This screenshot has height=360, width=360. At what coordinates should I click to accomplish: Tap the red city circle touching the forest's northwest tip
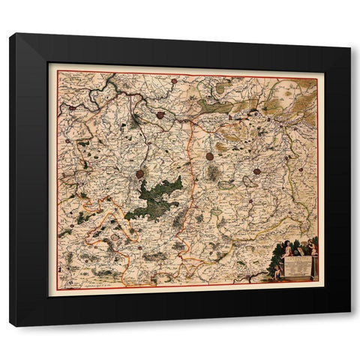click(139, 174)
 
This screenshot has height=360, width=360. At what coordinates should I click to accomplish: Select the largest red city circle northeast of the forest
click(210, 157)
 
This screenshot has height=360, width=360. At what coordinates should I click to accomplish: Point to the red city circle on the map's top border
click(173, 80)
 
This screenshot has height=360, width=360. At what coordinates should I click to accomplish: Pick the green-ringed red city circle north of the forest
click(160, 115)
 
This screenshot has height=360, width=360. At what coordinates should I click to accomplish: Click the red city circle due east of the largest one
click(256, 171)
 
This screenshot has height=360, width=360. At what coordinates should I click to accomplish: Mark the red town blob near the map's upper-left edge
click(71, 108)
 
